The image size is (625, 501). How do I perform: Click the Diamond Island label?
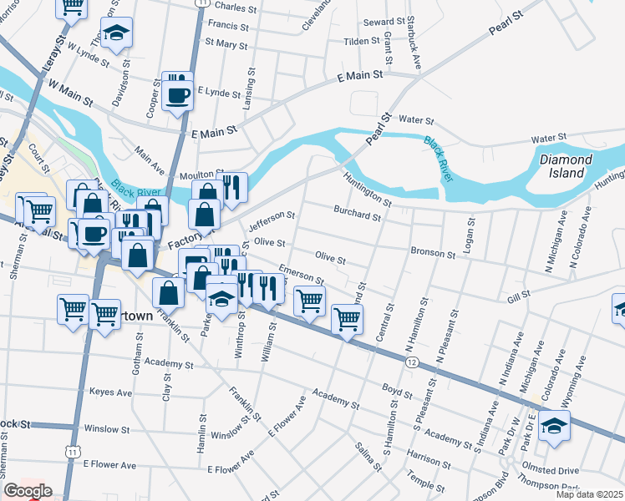[x=565, y=166]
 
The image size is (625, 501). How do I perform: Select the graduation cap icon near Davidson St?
[x=116, y=34]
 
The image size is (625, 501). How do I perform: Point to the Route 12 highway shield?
[x=412, y=362]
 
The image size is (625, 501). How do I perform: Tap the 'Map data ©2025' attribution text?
[x=589, y=494]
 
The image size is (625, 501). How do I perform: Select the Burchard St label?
[x=357, y=214]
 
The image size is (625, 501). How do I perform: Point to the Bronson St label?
[x=433, y=252]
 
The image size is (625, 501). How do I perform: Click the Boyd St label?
[x=397, y=390]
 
